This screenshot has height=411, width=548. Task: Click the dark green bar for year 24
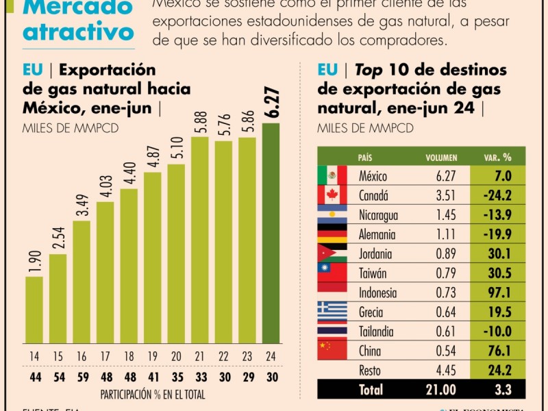[271, 233]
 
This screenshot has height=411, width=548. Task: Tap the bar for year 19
[153, 258]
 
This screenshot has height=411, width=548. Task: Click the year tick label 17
[105, 356]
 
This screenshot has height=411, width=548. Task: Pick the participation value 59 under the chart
[82, 377]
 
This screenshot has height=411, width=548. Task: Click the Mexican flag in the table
[332, 176]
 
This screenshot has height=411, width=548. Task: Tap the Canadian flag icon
[332, 195]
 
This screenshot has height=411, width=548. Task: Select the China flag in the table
[332, 350]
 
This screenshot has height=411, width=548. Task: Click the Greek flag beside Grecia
[332, 312]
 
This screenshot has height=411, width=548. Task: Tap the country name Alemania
[377, 234]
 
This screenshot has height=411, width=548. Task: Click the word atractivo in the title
[79, 32]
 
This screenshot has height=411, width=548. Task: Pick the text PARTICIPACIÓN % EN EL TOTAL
[152, 395]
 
